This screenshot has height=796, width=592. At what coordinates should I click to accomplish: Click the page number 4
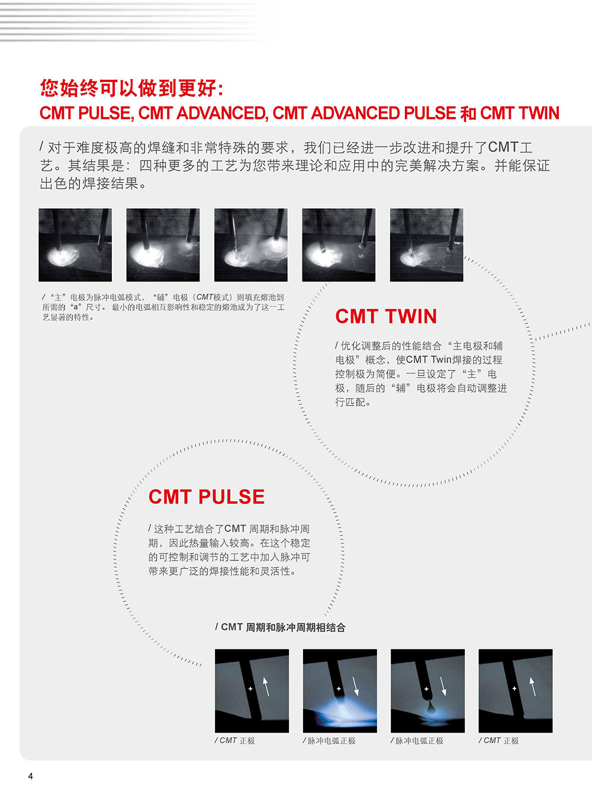click(31, 776)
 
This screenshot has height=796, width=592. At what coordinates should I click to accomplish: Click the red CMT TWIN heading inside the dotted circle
click(386, 316)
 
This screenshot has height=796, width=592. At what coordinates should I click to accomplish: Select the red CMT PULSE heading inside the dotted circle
click(207, 497)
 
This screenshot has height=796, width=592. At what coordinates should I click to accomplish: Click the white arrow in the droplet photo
click(443, 687)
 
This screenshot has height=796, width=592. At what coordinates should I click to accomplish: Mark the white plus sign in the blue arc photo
click(339, 689)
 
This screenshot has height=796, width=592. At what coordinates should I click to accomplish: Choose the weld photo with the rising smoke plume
click(251, 245)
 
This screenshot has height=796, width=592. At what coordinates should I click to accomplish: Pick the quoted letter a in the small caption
click(75, 307)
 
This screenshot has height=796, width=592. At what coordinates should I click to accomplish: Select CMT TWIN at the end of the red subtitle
click(520, 114)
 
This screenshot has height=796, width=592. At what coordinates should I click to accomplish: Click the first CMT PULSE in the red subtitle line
click(85, 114)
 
